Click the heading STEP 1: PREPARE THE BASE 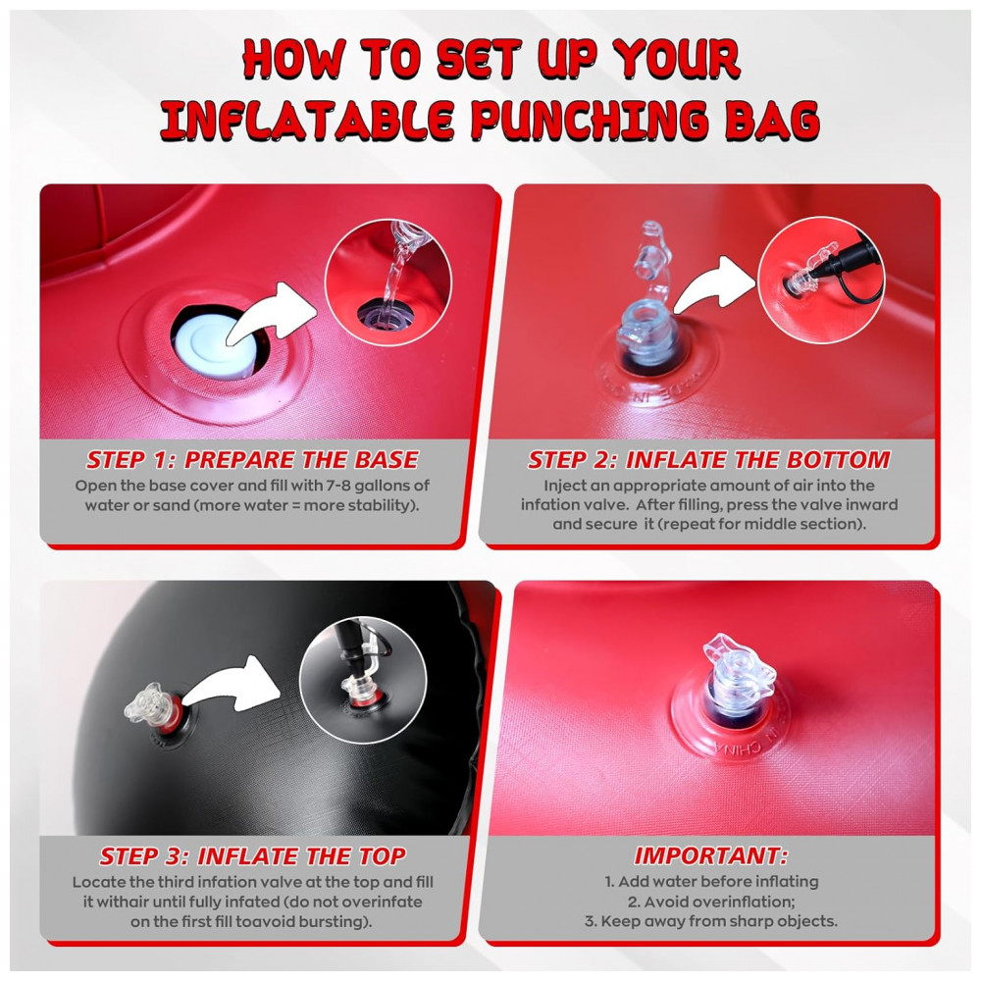point(252,460)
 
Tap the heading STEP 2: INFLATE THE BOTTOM point(709,460)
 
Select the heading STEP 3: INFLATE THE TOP point(253,855)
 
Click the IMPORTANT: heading point(710,855)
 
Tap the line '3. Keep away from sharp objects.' point(710,921)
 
